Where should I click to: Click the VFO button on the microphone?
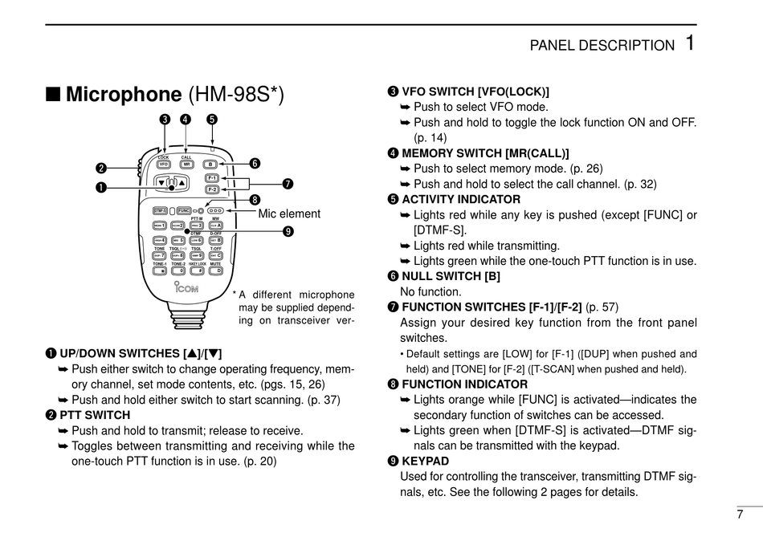(163, 164)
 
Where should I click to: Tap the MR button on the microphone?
(186, 164)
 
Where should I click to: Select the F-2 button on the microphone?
(212, 190)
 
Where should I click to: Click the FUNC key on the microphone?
(184, 210)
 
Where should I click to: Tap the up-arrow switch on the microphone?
(182, 182)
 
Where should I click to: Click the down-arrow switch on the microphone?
(162, 182)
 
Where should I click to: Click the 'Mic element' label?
(289, 214)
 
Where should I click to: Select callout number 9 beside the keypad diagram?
(288, 232)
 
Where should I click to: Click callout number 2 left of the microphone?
(101, 168)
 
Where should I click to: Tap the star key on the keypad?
(159, 270)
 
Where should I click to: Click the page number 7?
(740, 514)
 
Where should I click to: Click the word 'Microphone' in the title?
(124, 95)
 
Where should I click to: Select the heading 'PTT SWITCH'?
(95, 415)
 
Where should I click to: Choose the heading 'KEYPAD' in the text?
(425, 461)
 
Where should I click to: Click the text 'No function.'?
(430, 291)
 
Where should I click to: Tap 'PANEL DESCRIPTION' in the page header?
(602, 46)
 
